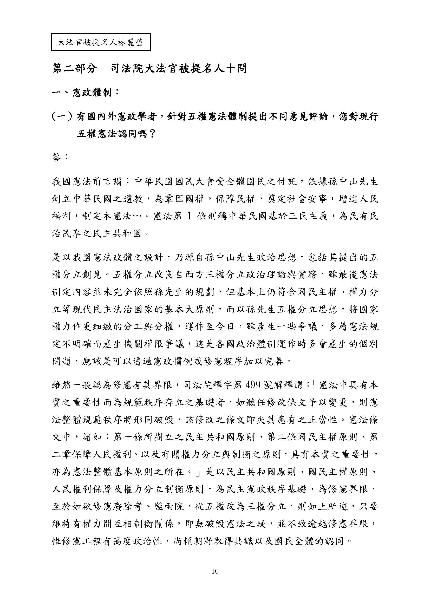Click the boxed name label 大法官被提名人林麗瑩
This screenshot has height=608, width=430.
(101, 42)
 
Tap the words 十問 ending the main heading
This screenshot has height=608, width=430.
(237, 69)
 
